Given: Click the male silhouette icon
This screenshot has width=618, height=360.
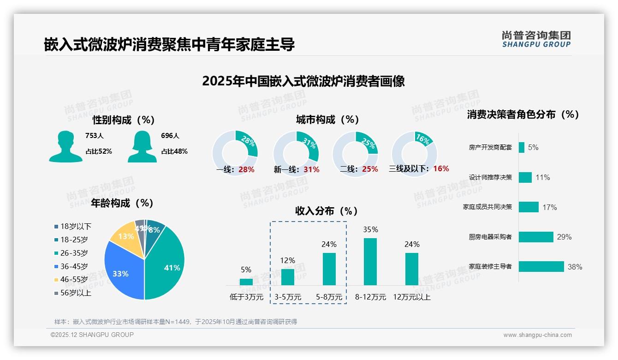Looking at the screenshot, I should [65, 146].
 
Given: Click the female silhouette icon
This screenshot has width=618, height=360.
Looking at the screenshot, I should [142, 146].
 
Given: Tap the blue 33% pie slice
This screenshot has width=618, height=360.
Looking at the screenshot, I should [121, 272].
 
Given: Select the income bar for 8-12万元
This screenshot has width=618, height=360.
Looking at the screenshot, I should [370, 262].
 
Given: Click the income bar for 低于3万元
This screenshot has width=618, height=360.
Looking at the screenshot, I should [246, 282].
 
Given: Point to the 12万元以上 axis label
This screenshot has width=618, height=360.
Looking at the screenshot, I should [412, 297].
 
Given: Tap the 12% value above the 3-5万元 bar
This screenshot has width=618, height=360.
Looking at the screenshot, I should [287, 261].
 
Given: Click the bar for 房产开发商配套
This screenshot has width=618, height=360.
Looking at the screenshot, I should [521, 148].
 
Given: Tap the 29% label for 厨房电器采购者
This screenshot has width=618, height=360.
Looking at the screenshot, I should [564, 237].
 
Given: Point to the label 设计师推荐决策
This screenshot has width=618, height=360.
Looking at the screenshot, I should [490, 177].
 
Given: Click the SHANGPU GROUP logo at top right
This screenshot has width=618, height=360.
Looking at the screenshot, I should [536, 39].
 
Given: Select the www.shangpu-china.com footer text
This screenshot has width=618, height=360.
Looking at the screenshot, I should [537, 335].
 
